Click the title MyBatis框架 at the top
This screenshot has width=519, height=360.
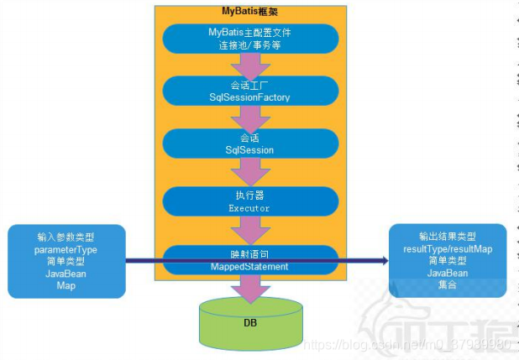(x=249, y=11)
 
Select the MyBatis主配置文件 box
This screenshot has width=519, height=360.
(x=249, y=38)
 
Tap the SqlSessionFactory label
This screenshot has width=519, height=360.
(x=249, y=97)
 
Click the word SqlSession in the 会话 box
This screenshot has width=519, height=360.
(x=249, y=149)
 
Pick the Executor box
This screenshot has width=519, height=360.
(x=249, y=200)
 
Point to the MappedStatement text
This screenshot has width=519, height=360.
(x=249, y=266)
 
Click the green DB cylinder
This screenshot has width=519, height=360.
(x=249, y=322)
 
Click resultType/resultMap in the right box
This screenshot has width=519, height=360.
(x=448, y=249)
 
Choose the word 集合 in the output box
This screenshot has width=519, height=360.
(x=448, y=284)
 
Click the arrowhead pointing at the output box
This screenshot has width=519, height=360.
(x=384, y=261)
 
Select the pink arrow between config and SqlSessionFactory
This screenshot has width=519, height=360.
(x=249, y=65)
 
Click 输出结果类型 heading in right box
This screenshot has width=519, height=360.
(x=448, y=237)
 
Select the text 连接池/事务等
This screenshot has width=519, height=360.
(x=249, y=44)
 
